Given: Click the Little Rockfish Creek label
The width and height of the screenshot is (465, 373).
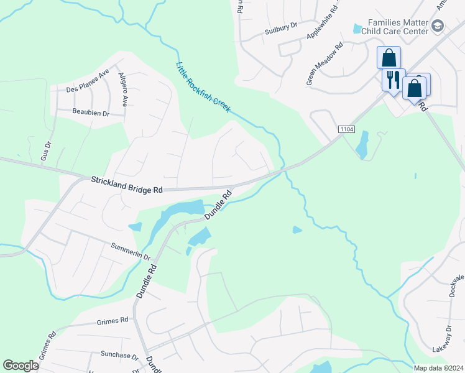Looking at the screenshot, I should tap(203, 87).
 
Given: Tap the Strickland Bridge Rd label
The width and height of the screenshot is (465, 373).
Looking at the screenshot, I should tap(127, 184).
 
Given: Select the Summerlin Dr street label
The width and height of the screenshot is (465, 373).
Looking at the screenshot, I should tap(131, 252).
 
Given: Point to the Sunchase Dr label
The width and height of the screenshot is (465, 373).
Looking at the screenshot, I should tap(119, 356).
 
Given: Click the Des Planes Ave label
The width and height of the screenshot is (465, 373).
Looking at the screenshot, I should tap(88, 81).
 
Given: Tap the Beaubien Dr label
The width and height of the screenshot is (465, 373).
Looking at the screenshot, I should tap(91, 113).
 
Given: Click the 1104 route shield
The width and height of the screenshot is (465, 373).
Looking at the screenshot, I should tap(347, 129).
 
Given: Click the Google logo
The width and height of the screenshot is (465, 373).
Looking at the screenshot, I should tap(21, 366).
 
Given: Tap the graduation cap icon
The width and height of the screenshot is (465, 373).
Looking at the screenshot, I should tap(438, 26).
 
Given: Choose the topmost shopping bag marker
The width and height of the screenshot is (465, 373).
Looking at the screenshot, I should tap(389, 58).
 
